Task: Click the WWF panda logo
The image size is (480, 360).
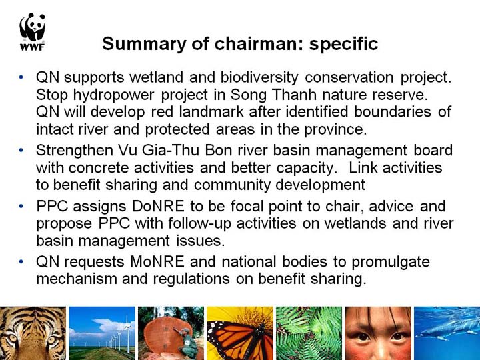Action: (x=33, y=31)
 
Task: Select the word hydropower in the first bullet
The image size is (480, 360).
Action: (x=113, y=95)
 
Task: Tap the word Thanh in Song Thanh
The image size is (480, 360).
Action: (x=294, y=95)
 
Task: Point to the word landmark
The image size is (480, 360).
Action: (x=211, y=112)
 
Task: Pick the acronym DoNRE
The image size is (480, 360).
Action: (x=158, y=206)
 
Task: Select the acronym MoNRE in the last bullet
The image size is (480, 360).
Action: (x=157, y=262)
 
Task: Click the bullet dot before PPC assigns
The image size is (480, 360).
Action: (x=21, y=206)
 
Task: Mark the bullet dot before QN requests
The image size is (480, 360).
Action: (x=21, y=262)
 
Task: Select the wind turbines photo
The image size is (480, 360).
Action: (x=102, y=333)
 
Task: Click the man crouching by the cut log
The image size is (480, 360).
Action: (x=187, y=342)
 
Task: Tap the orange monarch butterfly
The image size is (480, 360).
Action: (x=238, y=338)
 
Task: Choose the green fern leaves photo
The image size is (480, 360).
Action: (x=309, y=333)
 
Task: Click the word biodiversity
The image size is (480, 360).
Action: (x=259, y=77)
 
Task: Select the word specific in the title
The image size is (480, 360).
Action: (x=343, y=44)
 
